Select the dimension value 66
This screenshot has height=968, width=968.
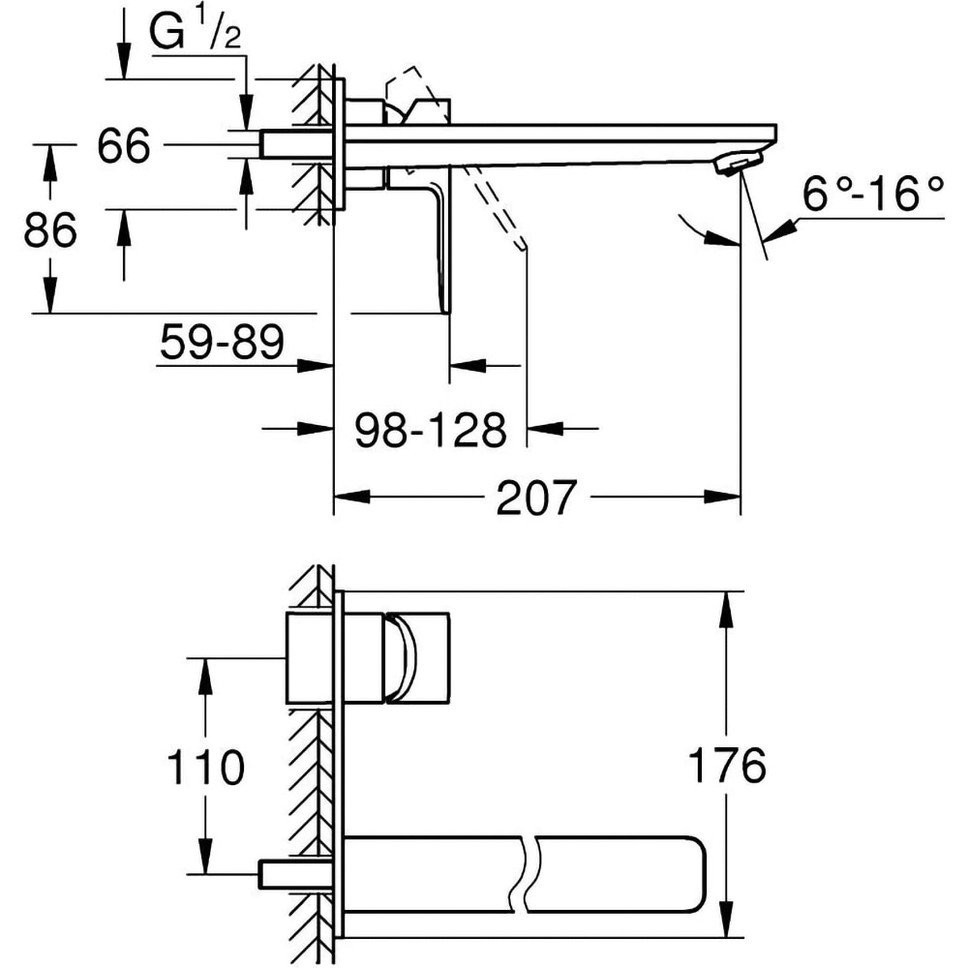(x=124, y=147)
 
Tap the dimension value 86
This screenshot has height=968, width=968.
(x=49, y=231)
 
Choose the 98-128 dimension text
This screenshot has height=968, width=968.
(x=430, y=430)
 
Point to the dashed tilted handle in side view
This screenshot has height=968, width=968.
(x=499, y=207)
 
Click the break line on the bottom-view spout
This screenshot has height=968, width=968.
(x=529, y=872)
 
